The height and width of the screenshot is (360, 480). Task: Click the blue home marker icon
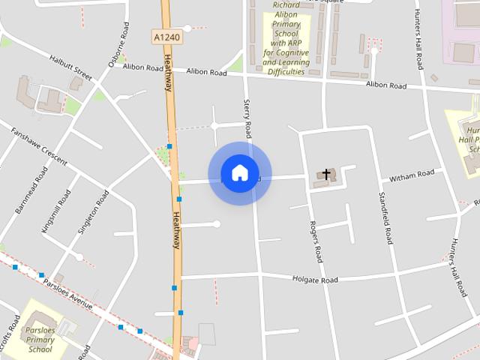(x=239, y=173)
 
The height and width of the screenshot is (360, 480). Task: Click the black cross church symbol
(x=326, y=173)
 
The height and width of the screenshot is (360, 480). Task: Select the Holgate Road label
(x=315, y=280)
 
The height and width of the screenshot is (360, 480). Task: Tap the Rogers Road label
(x=316, y=241)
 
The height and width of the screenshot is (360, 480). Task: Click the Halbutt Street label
(x=70, y=67)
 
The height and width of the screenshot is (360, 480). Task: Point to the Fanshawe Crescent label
(x=39, y=146)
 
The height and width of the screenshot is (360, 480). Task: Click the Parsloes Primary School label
(x=40, y=340)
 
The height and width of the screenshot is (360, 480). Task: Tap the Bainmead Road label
(x=31, y=190)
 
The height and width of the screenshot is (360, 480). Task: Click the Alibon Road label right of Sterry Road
(x=386, y=85)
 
